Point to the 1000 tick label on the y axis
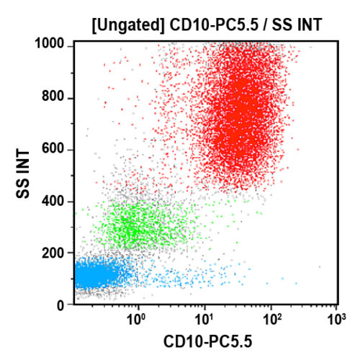pyautogui.click(x=52, y=45)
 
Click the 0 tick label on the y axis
pyautogui.click(x=63, y=305)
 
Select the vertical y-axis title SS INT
pyautogui.click(x=24, y=175)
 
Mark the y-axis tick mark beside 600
pyautogui.click(x=71, y=150)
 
